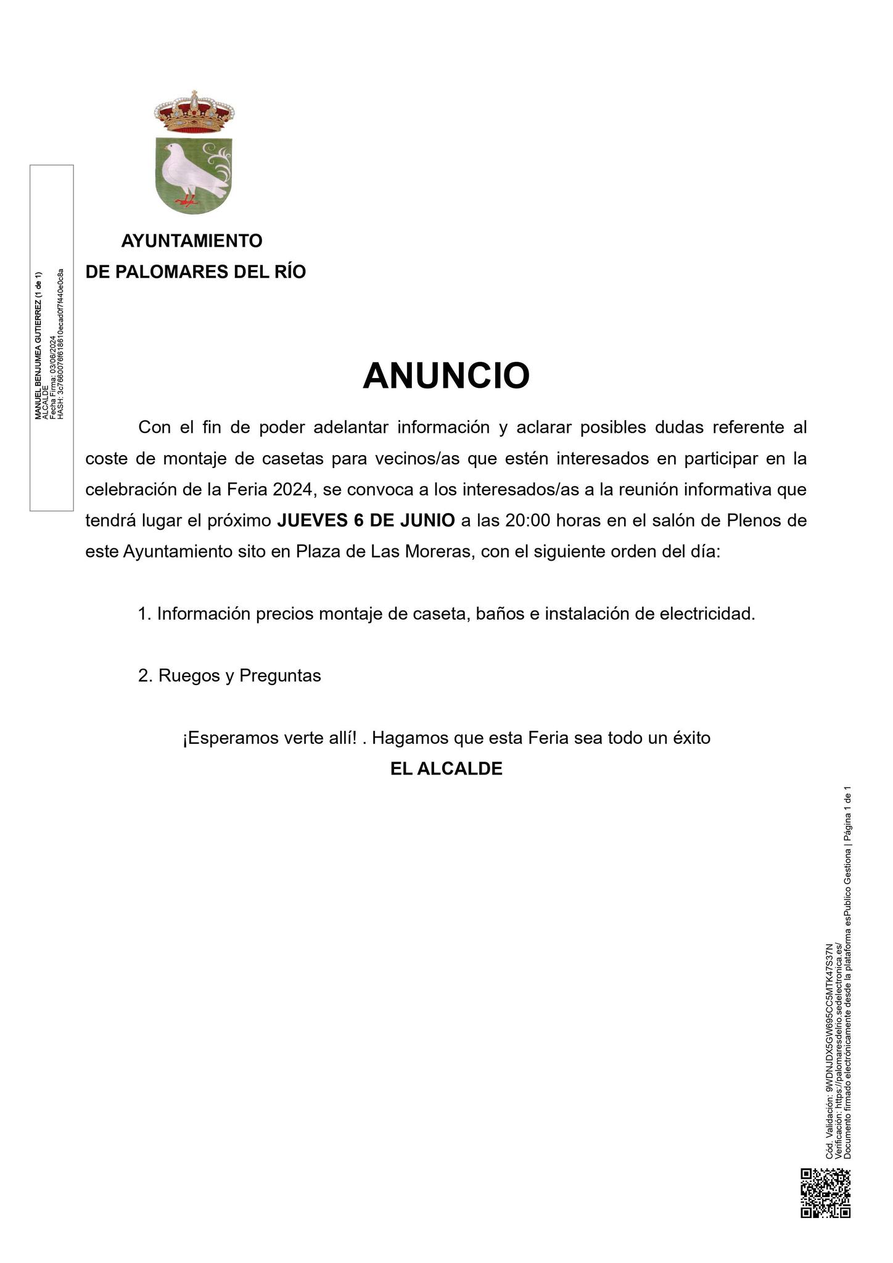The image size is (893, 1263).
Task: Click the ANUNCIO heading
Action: [446, 376]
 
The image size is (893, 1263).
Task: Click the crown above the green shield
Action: [194, 112]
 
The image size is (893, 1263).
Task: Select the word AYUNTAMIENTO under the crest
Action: [192, 241]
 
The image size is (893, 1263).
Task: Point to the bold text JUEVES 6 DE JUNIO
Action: [366, 520]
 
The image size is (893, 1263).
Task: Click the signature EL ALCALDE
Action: [446, 768]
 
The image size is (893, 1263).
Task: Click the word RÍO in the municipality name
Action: [287, 272]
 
